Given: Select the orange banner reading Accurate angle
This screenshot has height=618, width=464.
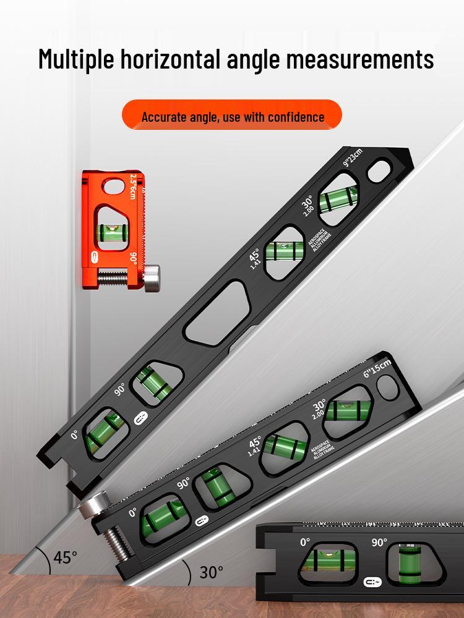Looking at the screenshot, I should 232,116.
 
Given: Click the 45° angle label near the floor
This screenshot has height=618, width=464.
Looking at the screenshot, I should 65,557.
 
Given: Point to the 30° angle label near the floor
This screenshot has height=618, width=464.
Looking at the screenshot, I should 211,572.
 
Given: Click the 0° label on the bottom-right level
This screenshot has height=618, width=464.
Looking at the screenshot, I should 305,541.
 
